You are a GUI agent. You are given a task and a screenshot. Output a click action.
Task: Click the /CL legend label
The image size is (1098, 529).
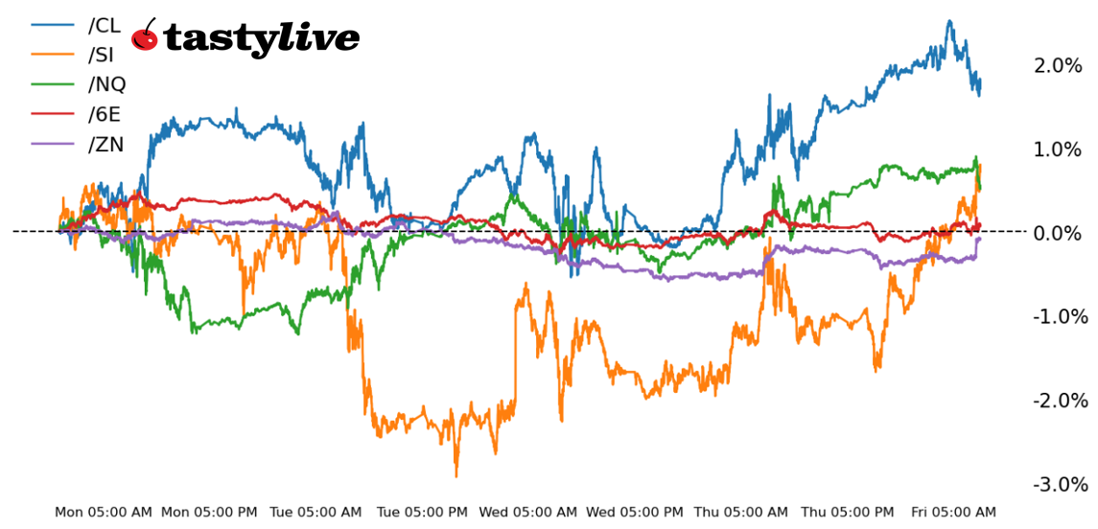pos(104,26)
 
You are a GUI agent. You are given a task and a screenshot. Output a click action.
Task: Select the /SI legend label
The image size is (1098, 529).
pos(101,56)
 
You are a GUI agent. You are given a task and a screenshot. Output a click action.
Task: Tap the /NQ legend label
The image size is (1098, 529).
pos(106,84)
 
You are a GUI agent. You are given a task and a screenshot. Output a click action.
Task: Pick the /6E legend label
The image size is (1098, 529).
pos(104,115)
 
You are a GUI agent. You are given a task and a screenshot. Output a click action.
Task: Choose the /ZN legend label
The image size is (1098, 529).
pos(105,145)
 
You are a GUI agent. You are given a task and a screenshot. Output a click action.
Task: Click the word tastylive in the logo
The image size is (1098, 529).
pos(262,38)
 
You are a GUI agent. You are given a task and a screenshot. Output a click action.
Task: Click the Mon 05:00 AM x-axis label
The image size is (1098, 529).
pos(103,513)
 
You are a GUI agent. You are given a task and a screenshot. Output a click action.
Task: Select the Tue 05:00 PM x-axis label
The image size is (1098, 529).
pos(423,513)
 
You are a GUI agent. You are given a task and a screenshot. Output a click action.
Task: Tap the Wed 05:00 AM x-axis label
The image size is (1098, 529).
pos(529,513)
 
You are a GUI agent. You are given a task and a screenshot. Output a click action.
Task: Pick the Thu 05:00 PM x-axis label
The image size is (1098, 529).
pos(848,513)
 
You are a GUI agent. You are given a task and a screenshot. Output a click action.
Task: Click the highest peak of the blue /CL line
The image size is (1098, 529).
pos(949,21)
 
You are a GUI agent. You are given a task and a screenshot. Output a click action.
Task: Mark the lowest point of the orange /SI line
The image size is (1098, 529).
pos(456,475)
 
